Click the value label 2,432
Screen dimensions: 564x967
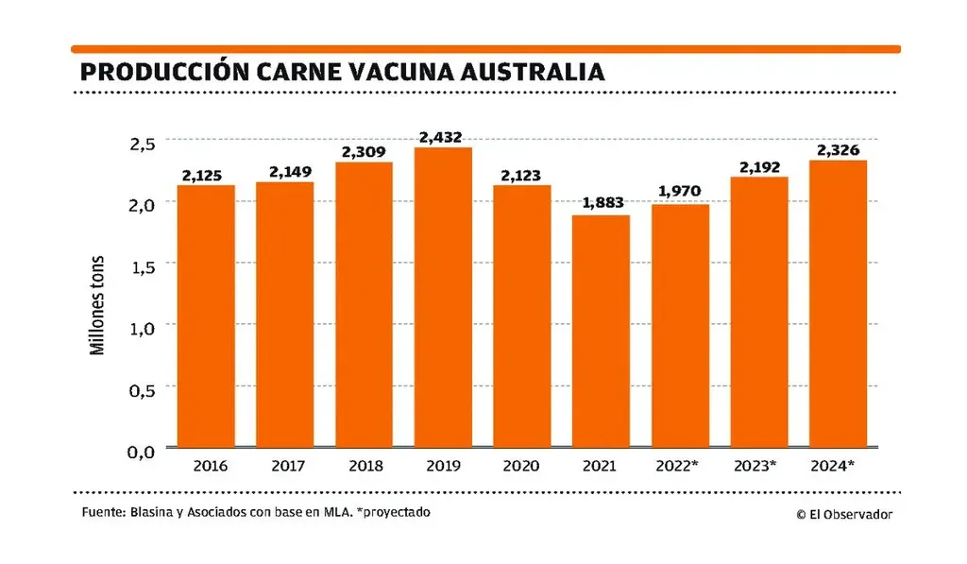443,137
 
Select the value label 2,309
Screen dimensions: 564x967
364,151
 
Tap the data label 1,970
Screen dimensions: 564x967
680,193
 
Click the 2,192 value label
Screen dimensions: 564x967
758,166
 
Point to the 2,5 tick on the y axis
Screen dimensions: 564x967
142,143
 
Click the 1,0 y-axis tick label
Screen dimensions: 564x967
142,327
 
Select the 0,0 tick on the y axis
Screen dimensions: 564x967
142,452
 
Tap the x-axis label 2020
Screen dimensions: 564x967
521,466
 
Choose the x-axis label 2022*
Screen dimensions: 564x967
681,466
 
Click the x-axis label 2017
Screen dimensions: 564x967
284,466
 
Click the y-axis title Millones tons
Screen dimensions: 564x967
97,304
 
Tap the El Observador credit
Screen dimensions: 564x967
843,514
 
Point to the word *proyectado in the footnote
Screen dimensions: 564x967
396,512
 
